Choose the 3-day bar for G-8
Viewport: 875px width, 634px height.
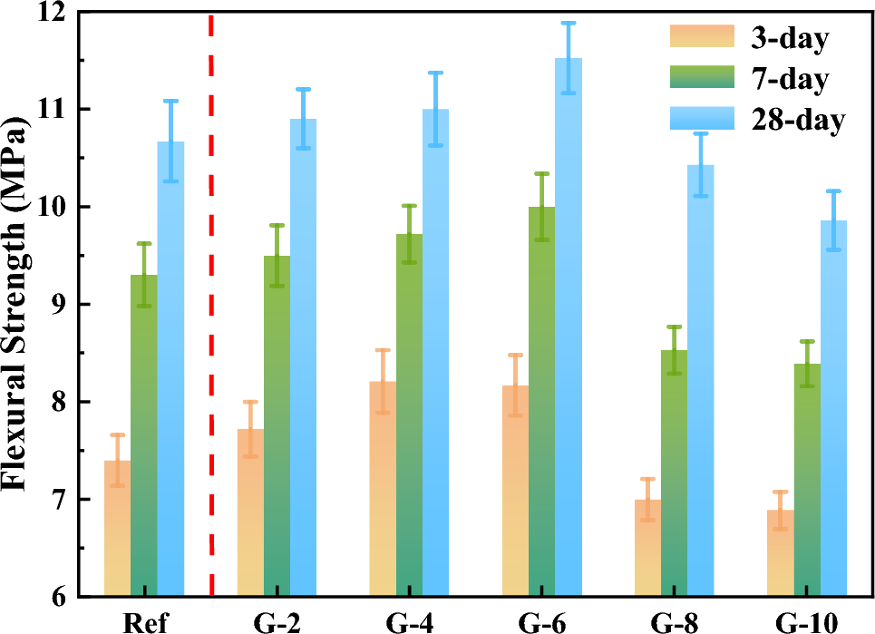tap(647, 549)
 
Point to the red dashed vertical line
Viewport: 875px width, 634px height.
tap(211, 308)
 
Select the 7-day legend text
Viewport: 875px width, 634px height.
tap(789, 80)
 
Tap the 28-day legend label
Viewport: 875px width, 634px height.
tap(797, 120)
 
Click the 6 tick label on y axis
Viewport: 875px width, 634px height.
tap(60, 597)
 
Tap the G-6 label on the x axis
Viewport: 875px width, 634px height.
tap(541, 622)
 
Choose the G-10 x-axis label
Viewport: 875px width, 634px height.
tap(806, 622)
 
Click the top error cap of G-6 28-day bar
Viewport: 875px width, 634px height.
tap(569, 23)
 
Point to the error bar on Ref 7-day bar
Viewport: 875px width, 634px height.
tap(143, 274)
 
